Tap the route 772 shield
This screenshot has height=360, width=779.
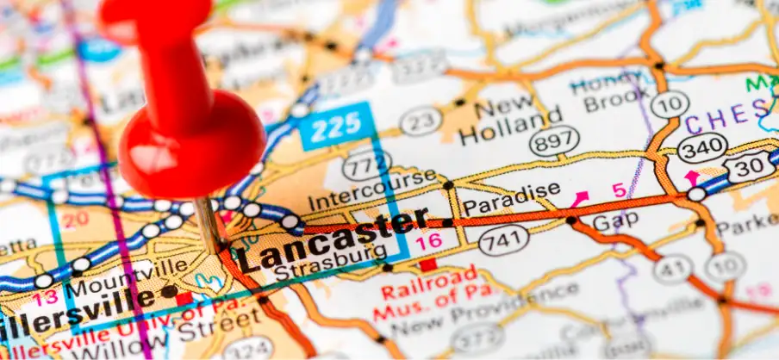366,163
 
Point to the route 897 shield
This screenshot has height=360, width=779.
554,140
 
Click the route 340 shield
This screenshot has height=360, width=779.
701,147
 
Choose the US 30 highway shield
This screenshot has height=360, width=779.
750,165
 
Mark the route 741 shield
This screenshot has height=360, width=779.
503,240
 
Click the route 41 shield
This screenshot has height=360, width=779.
671,270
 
